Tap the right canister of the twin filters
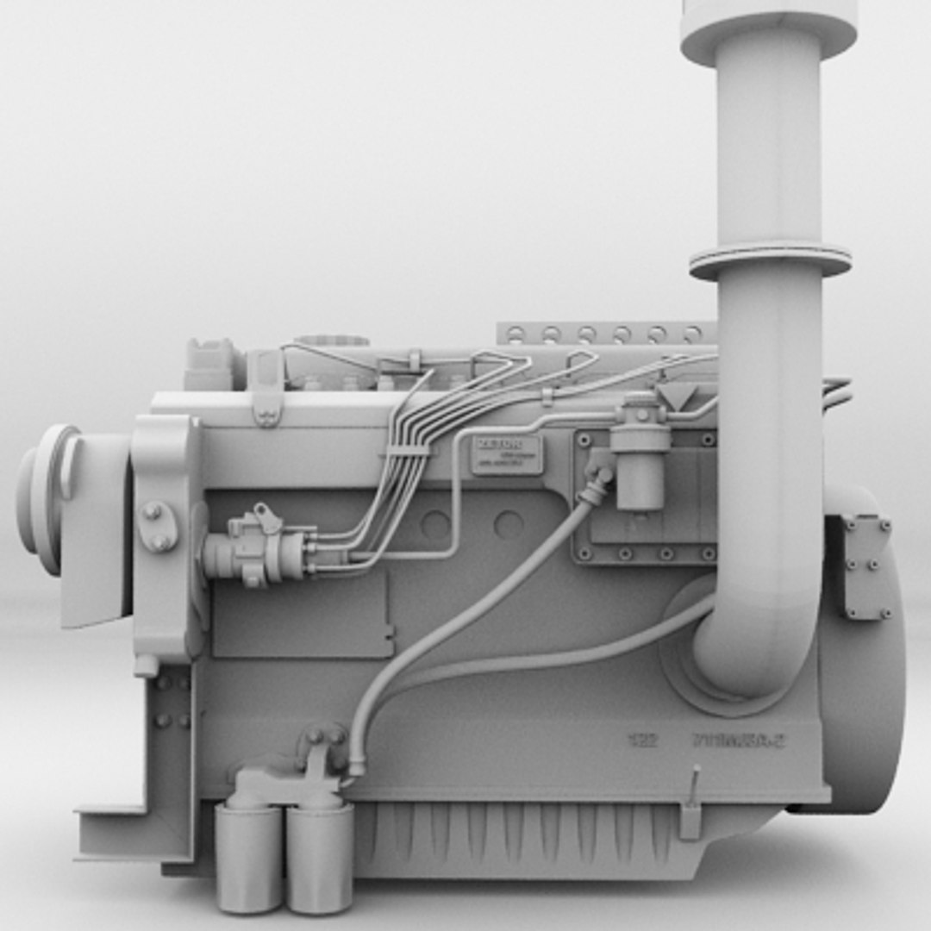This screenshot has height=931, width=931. (x=320, y=856)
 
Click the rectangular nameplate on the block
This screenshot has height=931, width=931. (x=507, y=455)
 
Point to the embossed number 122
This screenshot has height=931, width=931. (x=642, y=740)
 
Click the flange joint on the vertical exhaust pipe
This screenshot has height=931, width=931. (x=770, y=259)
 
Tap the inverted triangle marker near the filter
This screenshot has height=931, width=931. (x=678, y=396)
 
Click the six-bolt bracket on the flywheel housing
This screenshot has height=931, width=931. (x=867, y=566)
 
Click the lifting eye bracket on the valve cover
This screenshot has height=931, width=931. (x=267, y=392)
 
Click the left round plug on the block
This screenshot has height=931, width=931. (x=436, y=524)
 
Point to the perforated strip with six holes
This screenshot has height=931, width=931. (x=603, y=333)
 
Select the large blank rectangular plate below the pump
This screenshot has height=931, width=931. (x=302, y=613)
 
